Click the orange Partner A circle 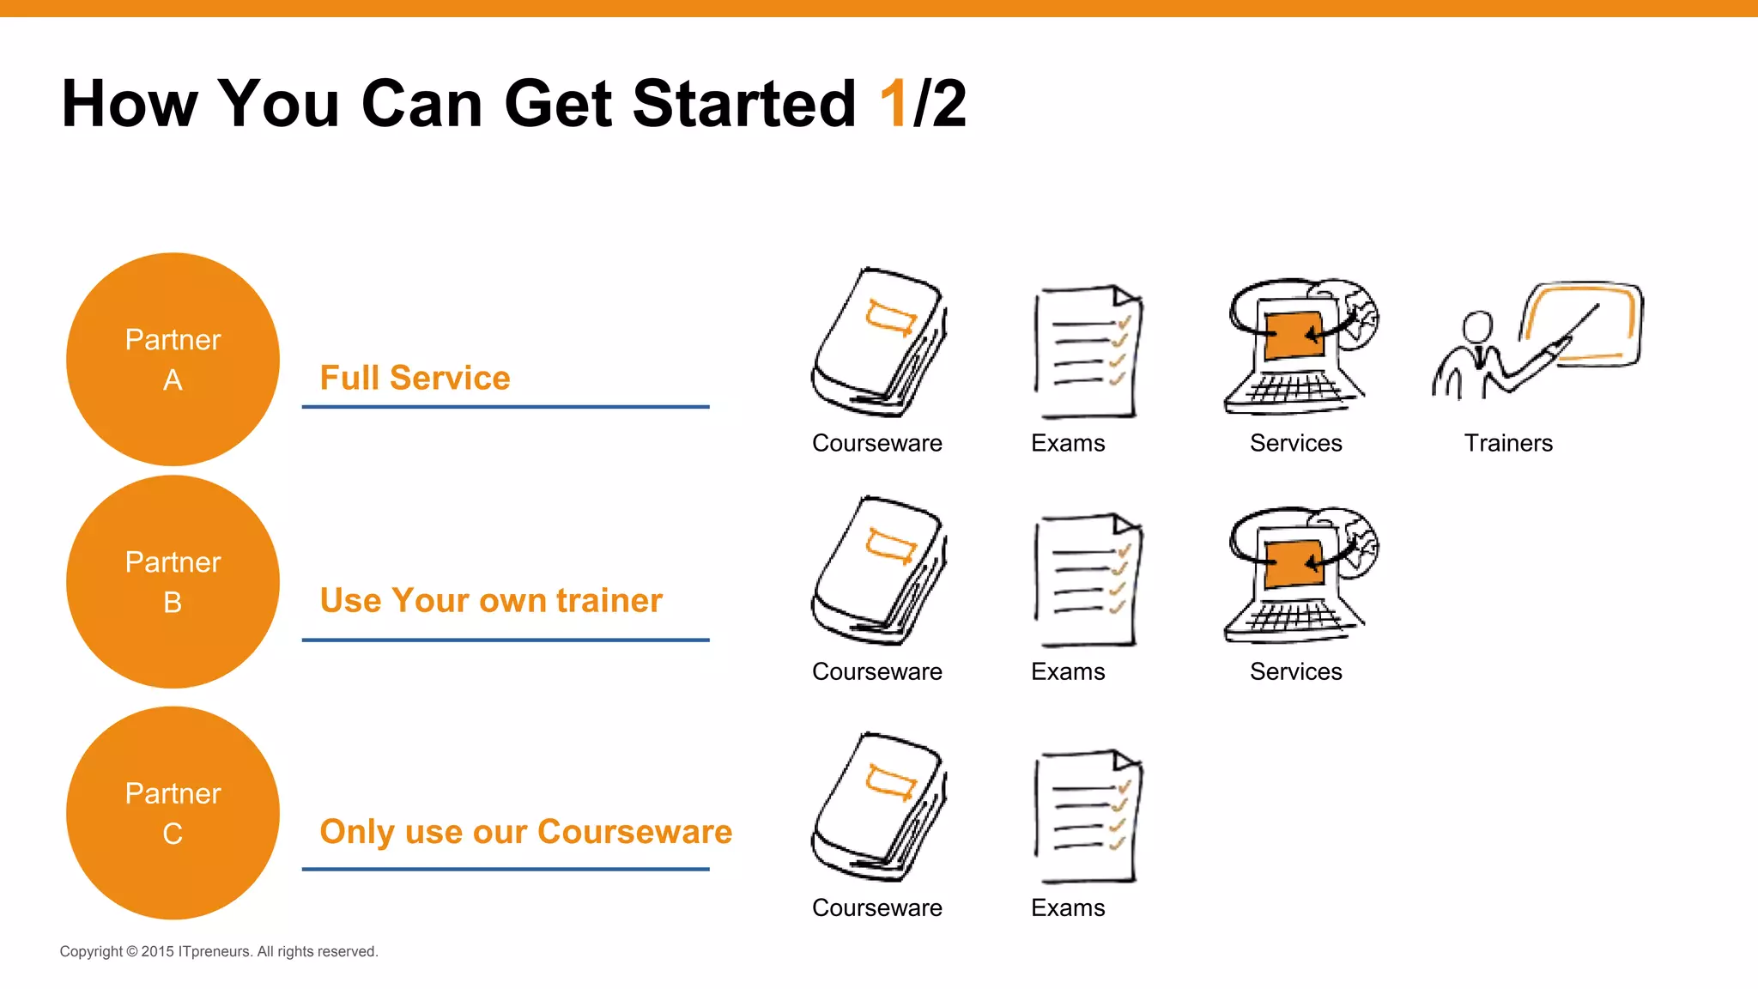tap(173, 359)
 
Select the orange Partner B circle tap(173, 581)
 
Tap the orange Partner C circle tap(173, 812)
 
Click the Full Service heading tap(415, 378)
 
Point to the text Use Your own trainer tap(491, 600)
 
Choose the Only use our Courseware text tap(525, 831)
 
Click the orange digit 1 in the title tap(894, 104)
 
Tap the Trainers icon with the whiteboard tap(1537, 339)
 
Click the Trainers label tap(1508, 443)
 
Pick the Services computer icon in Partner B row tap(1300, 573)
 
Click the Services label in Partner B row tap(1295, 671)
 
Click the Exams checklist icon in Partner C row tap(1088, 816)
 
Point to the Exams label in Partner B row tap(1068, 671)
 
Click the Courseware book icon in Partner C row tap(878, 806)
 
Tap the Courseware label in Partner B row tap(876, 671)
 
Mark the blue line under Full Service tap(506, 406)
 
